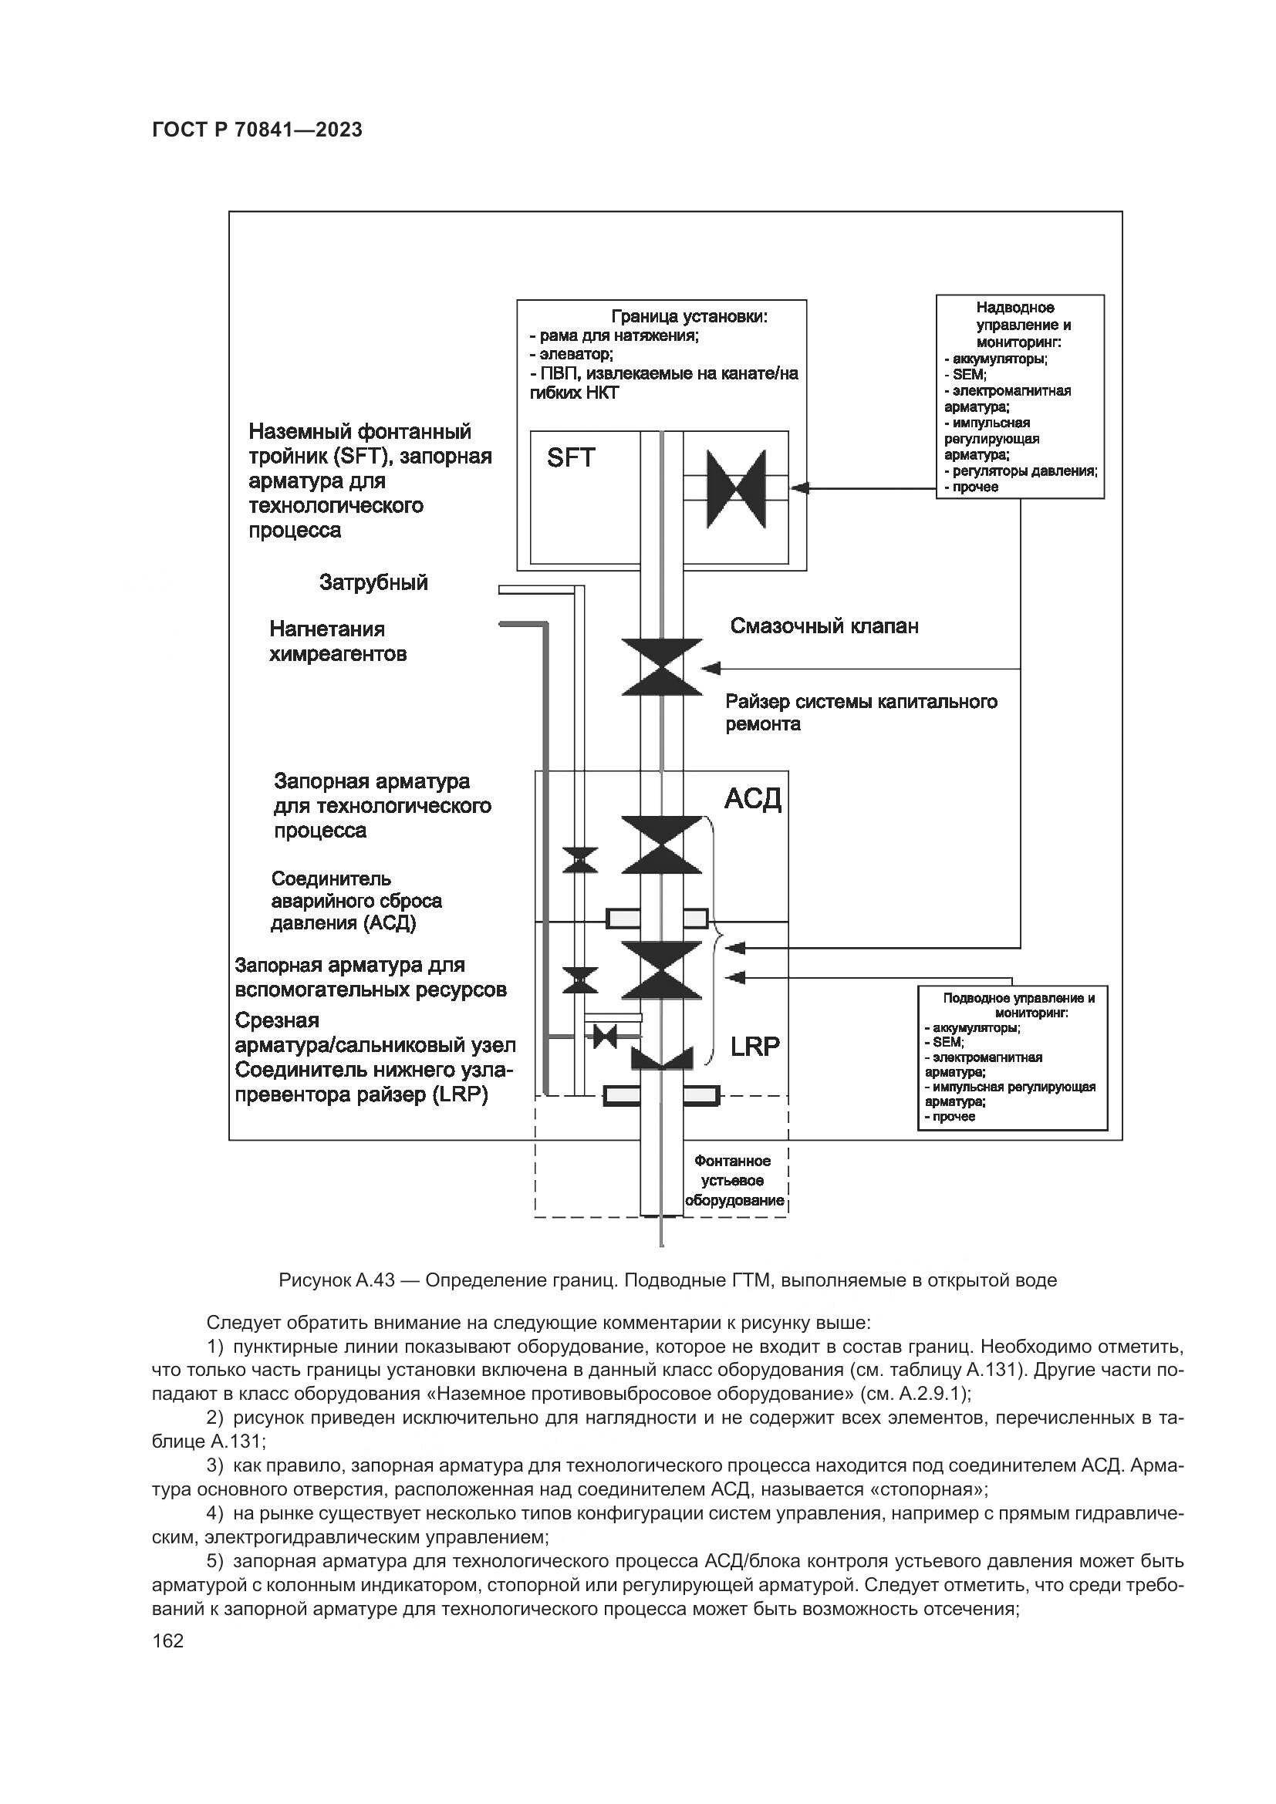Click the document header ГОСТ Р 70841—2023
(257, 130)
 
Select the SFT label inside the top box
(570, 457)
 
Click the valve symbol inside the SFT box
(736, 489)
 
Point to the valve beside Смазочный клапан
(662, 667)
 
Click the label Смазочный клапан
(824, 626)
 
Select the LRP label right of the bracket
(755, 1047)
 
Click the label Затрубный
(373, 582)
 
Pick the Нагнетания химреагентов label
(338, 641)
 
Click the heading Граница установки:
(689, 317)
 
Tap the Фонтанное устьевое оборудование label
(734, 1181)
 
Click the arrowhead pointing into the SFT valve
(800, 488)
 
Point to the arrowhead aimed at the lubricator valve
(711, 669)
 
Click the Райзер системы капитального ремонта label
(861, 713)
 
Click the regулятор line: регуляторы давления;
(1021, 470)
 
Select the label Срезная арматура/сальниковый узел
(375, 1033)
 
